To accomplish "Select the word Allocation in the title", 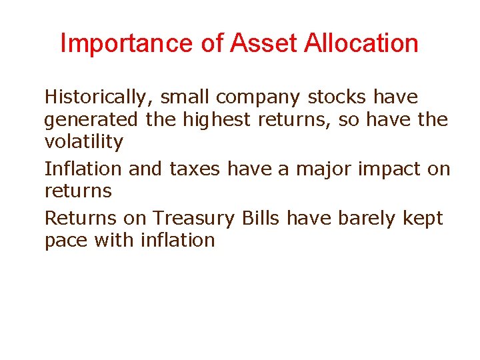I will tap(361, 44).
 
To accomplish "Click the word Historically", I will tap(97, 97).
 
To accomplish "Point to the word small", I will tap(185, 97).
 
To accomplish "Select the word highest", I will tap(202, 121).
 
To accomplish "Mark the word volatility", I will tap(83, 142).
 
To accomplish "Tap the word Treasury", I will tap(194, 219).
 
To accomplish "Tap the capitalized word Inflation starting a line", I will tap(83, 169).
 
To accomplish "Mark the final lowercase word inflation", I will tap(177, 240).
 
